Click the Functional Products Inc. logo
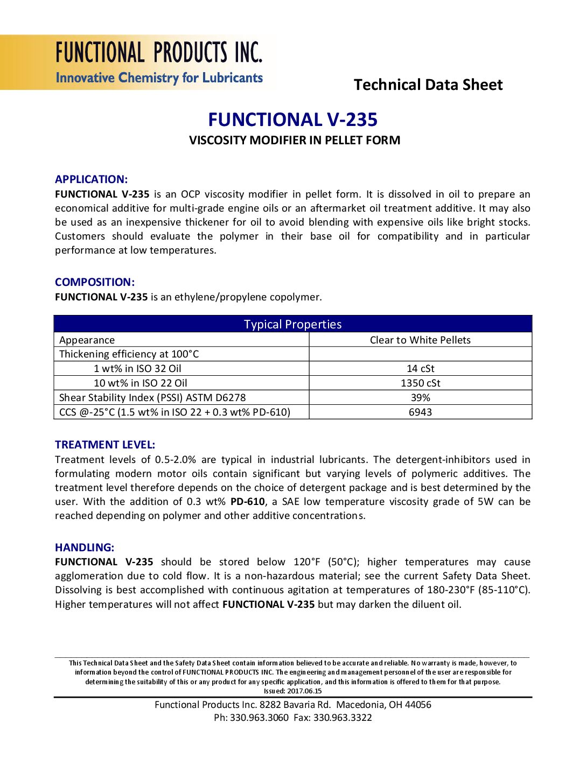(x=158, y=62)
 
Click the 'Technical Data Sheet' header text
(x=428, y=85)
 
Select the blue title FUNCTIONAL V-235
(x=292, y=120)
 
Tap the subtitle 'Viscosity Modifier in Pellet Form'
(x=294, y=141)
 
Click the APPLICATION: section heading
(x=91, y=180)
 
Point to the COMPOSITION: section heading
(x=94, y=282)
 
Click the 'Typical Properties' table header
(x=292, y=324)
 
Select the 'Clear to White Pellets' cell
(x=420, y=340)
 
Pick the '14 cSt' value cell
(x=420, y=369)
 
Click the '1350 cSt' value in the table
(x=420, y=383)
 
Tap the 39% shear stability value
(x=420, y=398)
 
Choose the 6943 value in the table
(x=420, y=412)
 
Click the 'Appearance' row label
(x=87, y=340)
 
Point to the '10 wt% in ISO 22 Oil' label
(x=140, y=383)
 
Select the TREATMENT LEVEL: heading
(x=104, y=445)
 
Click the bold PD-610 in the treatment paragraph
(x=247, y=502)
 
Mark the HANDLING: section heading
(x=84, y=548)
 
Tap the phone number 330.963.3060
(x=259, y=718)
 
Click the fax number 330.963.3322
(x=343, y=718)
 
